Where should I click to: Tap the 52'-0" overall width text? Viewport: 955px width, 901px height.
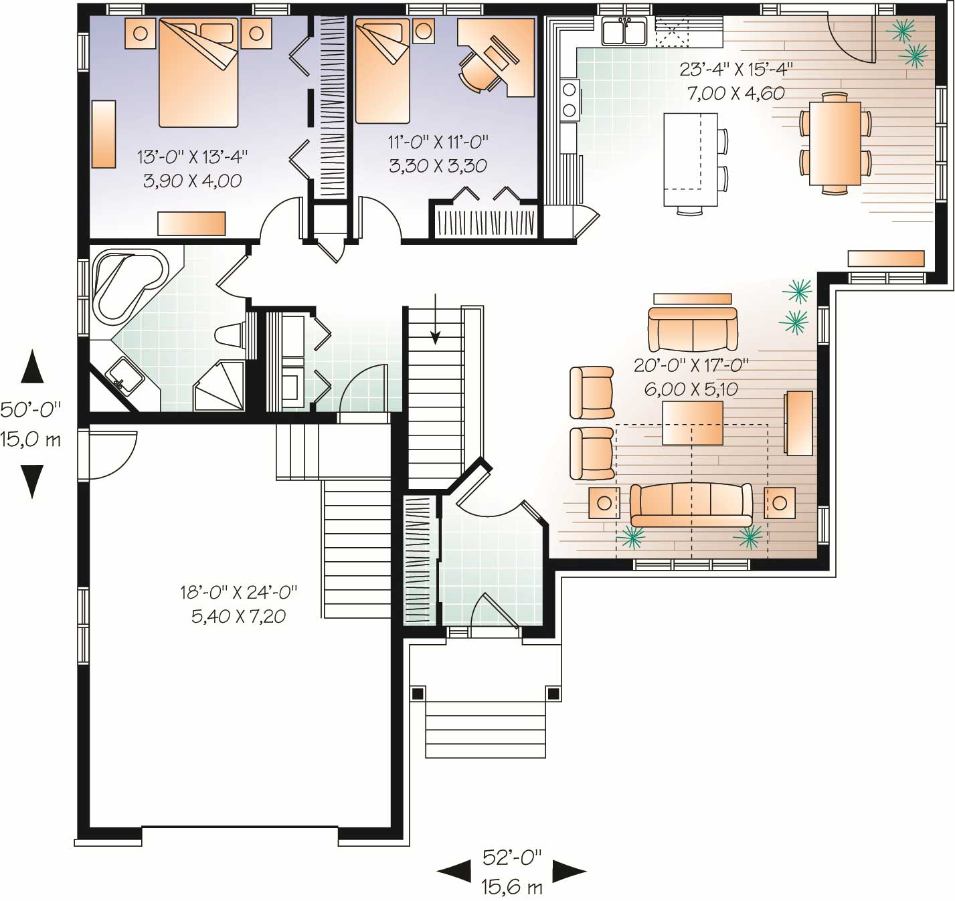click(x=512, y=857)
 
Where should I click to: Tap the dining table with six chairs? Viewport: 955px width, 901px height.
click(x=835, y=143)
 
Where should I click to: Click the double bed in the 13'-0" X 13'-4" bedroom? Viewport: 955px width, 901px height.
click(x=198, y=72)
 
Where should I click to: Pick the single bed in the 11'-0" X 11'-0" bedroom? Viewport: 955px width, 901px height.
click(x=382, y=71)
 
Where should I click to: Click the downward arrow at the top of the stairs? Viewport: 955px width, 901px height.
click(x=436, y=320)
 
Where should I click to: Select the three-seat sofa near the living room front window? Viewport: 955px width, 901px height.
click(x=691, y=505)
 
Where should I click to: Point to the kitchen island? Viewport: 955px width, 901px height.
click(x=689, y=159)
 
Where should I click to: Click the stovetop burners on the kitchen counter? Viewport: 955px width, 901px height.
click(x=570, y=98)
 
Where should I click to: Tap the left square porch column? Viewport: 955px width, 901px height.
click(x=418, y=693)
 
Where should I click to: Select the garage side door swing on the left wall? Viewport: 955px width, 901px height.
click(x=110, y=455)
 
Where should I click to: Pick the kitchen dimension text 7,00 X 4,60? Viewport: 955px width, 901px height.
click(x=736, y=93)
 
